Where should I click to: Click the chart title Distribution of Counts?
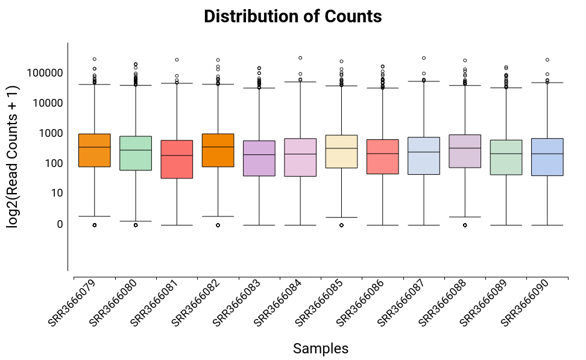292,17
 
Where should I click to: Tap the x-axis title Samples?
320,349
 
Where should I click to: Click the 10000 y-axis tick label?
47,103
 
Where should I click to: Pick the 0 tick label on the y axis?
58,224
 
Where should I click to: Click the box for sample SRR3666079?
95,150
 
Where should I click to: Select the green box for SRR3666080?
136,153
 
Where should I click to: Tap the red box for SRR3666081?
177,159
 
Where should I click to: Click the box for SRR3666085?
341,151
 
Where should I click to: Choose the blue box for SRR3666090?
547,157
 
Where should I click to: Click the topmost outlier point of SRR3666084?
300,58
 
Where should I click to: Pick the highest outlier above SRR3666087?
424,58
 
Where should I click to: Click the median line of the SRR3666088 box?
465,148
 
